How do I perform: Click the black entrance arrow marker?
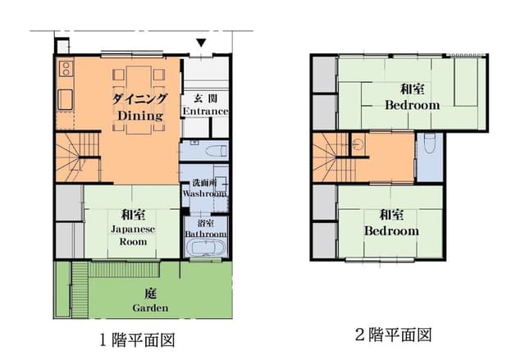click(201, 43)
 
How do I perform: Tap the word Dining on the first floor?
click(140, 116)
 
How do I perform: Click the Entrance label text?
click(205, 111)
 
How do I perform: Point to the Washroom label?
click(204, 194)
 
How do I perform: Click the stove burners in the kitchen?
click(66, 68)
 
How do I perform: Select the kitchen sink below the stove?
click(66, 99)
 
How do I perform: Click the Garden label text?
click(150, 308)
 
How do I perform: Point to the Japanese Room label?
click(133, 235)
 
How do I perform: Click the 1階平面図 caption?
click(138, 340)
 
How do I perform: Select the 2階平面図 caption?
click(394, 335)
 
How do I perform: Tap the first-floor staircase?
click(78, 157)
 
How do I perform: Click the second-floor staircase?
click(334, 157)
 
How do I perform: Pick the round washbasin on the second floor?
click(358, 143)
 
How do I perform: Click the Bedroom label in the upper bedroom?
click(412, 105)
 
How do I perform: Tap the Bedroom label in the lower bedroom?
click(391, 231)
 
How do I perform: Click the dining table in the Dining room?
click(139, 100)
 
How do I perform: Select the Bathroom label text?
click(206, 234)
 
